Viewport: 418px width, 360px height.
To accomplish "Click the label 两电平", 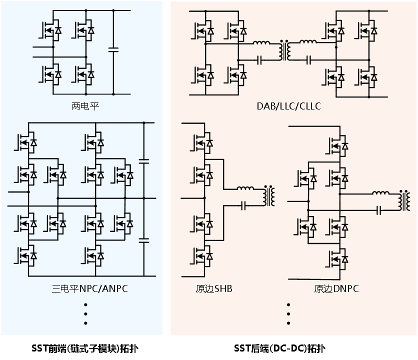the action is (x=85, y=106).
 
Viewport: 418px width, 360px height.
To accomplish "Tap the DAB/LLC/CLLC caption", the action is (x=288, y=106).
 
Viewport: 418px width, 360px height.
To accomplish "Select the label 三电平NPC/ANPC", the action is (x=90, y=288).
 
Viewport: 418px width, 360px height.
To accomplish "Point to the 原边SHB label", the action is (x=214, y=289).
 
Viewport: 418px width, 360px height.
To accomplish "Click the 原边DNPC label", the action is (x=336, y=288).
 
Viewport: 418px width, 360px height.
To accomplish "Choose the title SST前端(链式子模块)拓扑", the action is (x=85, y=348).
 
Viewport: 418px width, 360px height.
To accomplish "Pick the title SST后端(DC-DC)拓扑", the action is (x=279, y=348).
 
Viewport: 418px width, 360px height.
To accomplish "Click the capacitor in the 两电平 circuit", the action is (x=113, y=49).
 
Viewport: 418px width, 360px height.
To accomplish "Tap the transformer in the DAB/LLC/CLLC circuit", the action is (x=284, y=50).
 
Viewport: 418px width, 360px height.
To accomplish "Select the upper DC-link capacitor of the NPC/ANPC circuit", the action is (x=144, y=161).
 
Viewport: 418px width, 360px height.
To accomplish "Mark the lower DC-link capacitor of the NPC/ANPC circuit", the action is (x=144, y=240).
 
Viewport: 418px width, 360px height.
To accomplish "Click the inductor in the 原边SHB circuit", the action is (x=245, y=188).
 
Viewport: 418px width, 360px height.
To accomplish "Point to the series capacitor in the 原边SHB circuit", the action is (x=243, y=206).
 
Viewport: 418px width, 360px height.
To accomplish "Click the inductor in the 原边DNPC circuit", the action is (x=380, y=192).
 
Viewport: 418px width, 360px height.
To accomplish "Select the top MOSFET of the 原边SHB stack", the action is (x=202, y=143).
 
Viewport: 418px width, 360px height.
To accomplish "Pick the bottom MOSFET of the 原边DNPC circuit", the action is (x=337, y=258).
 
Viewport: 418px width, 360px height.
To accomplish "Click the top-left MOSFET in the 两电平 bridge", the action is (x=50, y=30).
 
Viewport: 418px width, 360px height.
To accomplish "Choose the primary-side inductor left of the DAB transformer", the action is (x=261, y=42).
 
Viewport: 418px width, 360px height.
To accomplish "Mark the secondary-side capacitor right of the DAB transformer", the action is (x=308, y=60).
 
